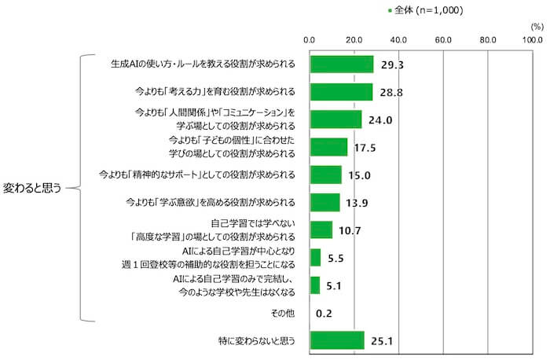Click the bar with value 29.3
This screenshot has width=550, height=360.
click(x=342, y=64)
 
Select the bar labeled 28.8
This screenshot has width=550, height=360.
click(x=341, y=92)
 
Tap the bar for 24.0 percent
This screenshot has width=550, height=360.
click(x=336, y=119)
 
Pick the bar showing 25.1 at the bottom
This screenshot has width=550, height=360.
click(x=338, y=340)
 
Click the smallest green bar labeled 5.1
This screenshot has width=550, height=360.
click(x=315, y=285)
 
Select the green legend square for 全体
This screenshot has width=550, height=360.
click(x=389, y=11)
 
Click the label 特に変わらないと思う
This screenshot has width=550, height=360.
click(x=256, y=340)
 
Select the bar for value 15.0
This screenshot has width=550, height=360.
click(x=326, y=174)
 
